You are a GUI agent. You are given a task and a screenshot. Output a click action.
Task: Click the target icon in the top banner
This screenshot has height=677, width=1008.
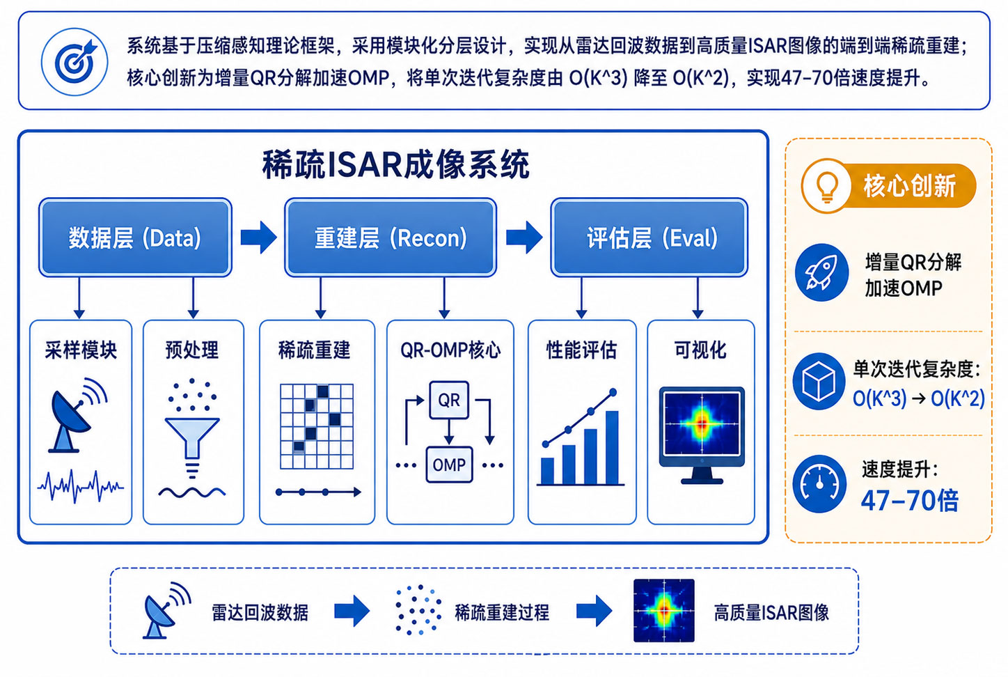pos(74,62)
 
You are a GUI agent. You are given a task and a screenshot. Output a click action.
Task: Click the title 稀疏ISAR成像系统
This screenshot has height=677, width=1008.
pos(395,165)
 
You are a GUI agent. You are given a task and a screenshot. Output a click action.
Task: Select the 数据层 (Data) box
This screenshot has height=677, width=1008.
pos(135,238)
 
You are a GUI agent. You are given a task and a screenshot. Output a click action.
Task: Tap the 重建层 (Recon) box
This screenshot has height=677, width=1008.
pos(390,238)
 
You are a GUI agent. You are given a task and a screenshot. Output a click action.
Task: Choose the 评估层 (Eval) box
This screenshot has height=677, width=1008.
pos(649,238)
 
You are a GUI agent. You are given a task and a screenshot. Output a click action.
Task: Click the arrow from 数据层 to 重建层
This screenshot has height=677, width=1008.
pos(259,238)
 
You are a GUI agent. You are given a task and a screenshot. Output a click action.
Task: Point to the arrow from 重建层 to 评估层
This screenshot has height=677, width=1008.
pos(524,238)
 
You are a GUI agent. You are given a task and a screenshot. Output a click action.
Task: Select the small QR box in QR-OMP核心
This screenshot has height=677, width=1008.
pos(449,400)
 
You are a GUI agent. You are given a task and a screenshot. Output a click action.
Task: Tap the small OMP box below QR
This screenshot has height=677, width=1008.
pos(449,465)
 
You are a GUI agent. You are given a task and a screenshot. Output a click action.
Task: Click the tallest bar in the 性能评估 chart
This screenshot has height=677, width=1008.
pos(612,447)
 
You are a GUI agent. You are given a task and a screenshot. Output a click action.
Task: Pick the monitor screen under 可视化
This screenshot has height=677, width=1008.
pos(702,423)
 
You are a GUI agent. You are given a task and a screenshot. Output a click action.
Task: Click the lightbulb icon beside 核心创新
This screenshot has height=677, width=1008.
pos(826,186)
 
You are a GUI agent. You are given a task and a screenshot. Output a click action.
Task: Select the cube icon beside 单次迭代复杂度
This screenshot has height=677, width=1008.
pos(819,381)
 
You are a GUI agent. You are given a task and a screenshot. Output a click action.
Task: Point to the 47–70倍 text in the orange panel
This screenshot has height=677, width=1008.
pos(909,500)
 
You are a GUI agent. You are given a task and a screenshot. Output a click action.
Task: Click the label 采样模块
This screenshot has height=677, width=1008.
pos(81,350)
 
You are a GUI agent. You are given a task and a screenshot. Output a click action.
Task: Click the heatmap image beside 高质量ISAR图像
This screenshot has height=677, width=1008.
pos(663,610)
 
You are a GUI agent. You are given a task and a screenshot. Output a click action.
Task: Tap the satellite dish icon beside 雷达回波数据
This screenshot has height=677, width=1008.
pos(166,611)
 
